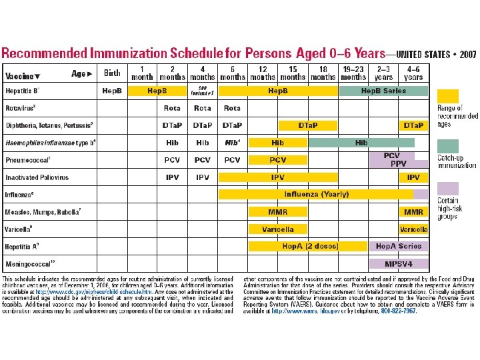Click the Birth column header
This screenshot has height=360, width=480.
tap(112, 73)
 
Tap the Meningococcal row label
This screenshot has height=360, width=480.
tap(30, 263)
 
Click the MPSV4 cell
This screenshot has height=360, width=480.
tap(399, 263)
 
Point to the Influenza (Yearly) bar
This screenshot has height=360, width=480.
tap(317, 195)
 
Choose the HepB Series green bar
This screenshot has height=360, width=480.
tap(383, 91)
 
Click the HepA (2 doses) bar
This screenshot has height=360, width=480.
tap(310, 246)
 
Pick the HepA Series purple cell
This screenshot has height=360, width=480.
tap(399, 246)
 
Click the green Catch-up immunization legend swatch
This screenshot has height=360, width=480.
tap(448, 145)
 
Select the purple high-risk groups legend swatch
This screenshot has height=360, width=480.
tap(448, 189)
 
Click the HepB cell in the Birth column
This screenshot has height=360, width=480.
tap(112, 91)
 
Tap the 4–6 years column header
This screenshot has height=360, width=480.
tap(413, 73)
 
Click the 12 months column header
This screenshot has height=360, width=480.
tap(263, 73)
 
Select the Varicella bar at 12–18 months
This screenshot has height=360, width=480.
tap(278, 229)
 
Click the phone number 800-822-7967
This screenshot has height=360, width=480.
tap(399, 311)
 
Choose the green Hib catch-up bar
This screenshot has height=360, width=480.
tap(361, 143)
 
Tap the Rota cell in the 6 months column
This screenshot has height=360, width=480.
tap(232, 108)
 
